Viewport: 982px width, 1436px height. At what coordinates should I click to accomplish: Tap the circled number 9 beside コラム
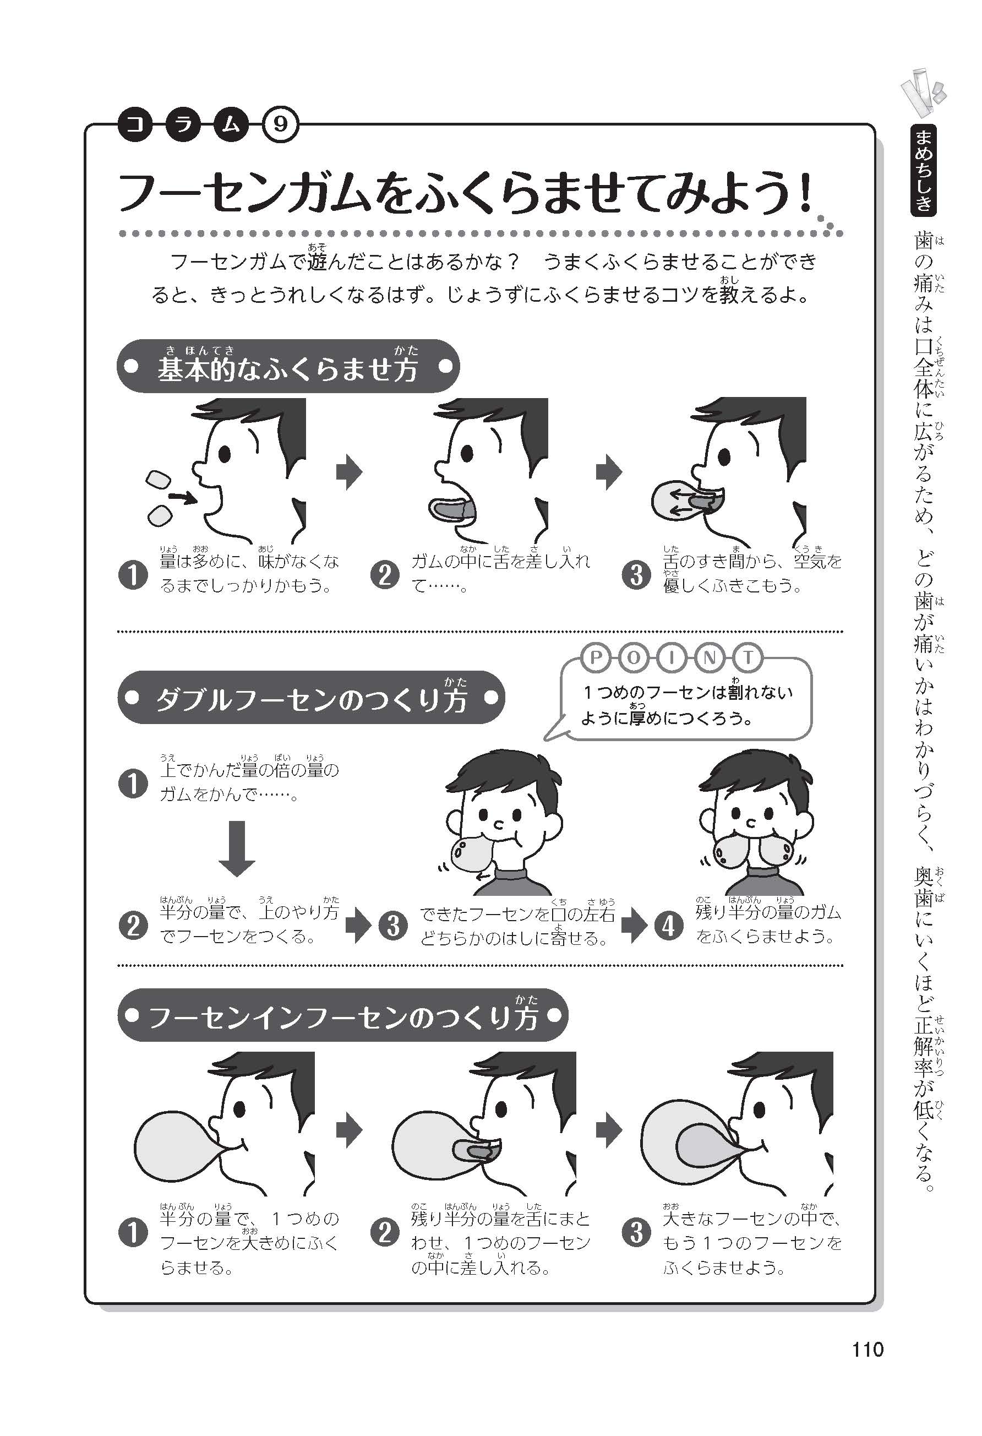pyautogui.click(x=280, y=126)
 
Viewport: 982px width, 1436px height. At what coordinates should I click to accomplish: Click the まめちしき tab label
pyautogui.click(x=923, y=170)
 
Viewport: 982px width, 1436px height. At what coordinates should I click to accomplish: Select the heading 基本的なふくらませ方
pyautogui.click(x=288, y=369)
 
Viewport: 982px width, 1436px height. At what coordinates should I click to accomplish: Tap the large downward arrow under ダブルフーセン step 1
pyautogui.click(x=237, y=848)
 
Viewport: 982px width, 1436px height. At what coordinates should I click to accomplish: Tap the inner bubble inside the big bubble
pyautogui.click(x=704, y=1147)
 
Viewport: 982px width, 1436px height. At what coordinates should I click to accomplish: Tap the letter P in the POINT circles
pyautogui.click(x=596, y=658)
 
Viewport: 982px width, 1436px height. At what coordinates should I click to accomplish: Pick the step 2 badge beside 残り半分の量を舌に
pyautogui.click(x=385, y=1233)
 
